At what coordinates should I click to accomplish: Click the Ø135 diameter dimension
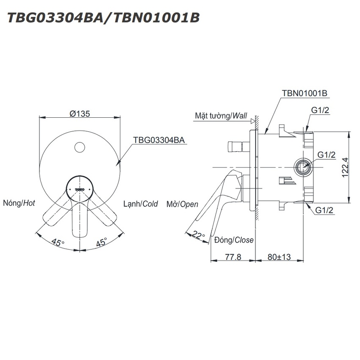(80, 114)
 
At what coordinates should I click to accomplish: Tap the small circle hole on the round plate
(80, 147)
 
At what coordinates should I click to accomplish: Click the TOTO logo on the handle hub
(80, 190)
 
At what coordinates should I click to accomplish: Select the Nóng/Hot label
(19, 203)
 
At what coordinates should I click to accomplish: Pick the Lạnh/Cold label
(141, 204)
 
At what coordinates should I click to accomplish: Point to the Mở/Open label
(182, 204)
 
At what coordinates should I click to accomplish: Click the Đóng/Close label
(234, 240)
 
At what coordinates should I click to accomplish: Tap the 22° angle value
(198, 235)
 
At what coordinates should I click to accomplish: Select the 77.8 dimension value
(233, 257)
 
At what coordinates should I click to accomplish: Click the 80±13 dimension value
(279, 257)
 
